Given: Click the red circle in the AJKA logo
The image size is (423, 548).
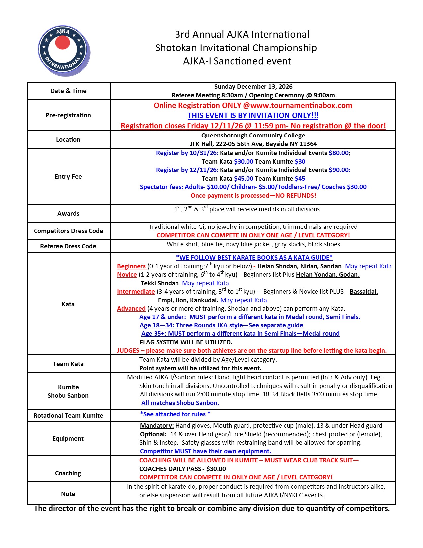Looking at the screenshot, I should click(x=62, y=42).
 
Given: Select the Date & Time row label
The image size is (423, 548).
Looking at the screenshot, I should click(x=68, y=91).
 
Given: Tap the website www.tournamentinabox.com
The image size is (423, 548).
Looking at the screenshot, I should click(x=301, y=106).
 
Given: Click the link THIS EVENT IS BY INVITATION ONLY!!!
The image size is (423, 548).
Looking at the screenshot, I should click(x=253, y=116).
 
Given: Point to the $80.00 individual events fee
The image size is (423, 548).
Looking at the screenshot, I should click(x=339, y=153).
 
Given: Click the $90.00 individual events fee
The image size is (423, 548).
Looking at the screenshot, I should click(x=339, y=170).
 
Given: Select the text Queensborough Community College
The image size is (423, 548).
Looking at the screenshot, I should click(x=253, y=136).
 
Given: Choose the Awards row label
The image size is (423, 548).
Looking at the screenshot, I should click(x=68, y=214).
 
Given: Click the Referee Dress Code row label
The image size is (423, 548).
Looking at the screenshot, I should click(x=68, y=246).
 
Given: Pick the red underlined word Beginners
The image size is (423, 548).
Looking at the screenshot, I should click(x=131, y=266).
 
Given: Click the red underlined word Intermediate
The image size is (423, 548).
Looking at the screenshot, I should click(x=136, y=292).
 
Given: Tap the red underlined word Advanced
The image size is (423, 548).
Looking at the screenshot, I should click(x=131, y=309).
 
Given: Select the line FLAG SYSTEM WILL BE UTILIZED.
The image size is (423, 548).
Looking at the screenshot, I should click(x=186, y=342).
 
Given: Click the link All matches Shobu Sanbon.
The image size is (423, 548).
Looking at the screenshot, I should click(x=180, y=403).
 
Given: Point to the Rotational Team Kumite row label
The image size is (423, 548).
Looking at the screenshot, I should click(x=68, y=416).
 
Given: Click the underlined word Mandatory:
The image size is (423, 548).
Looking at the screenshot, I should click(x=157, y=426).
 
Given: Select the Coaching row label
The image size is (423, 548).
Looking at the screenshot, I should click(x=68, y=473).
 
